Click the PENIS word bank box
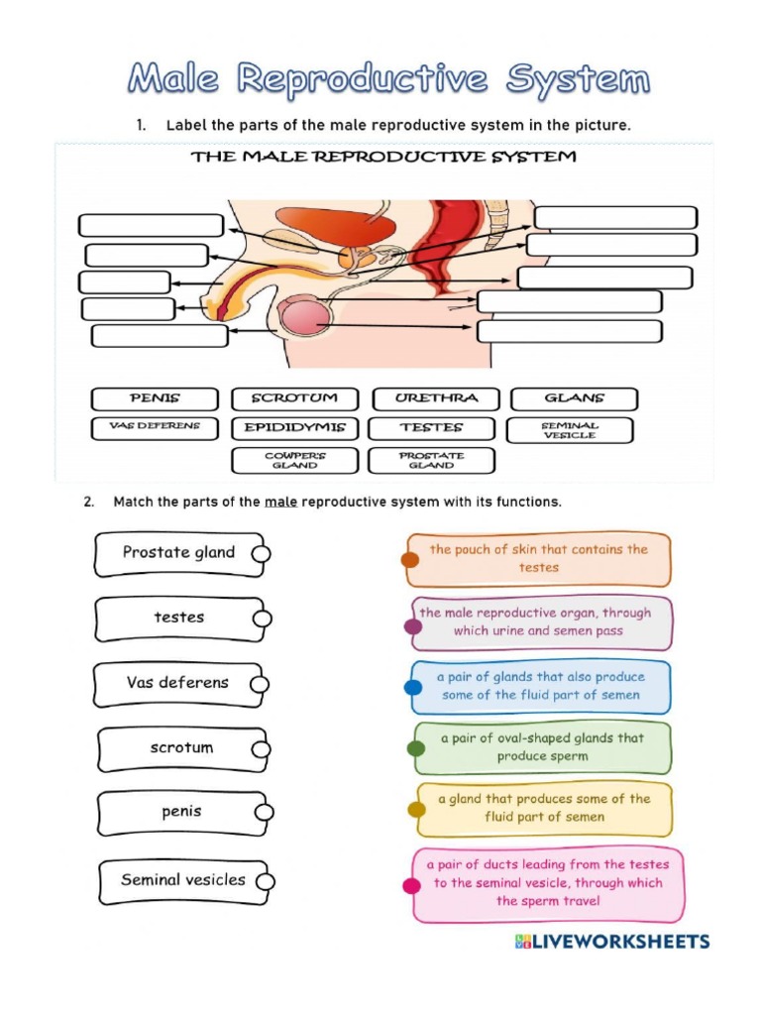(155, 398)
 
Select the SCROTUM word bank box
(294, 398)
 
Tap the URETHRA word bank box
(435, 398)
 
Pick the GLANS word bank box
(574, 398)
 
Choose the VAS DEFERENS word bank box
(155, 428)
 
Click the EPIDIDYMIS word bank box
(294, 428)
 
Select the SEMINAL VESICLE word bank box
(569, 429)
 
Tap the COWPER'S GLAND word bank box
(294, 460)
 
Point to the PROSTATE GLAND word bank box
(431, 460)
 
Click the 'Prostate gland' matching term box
(178, 553)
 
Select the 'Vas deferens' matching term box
(177, 683)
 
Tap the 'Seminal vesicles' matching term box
(182, 880)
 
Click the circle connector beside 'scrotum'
(262, 749)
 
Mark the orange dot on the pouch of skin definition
(409, 560)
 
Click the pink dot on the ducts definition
(410, 886)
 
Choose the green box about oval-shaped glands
(542, 747)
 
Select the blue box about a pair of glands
(540, 686)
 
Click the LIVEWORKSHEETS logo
(612, 941)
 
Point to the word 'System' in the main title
(577, 78)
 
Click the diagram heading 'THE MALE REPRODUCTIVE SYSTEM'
(383, 157)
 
